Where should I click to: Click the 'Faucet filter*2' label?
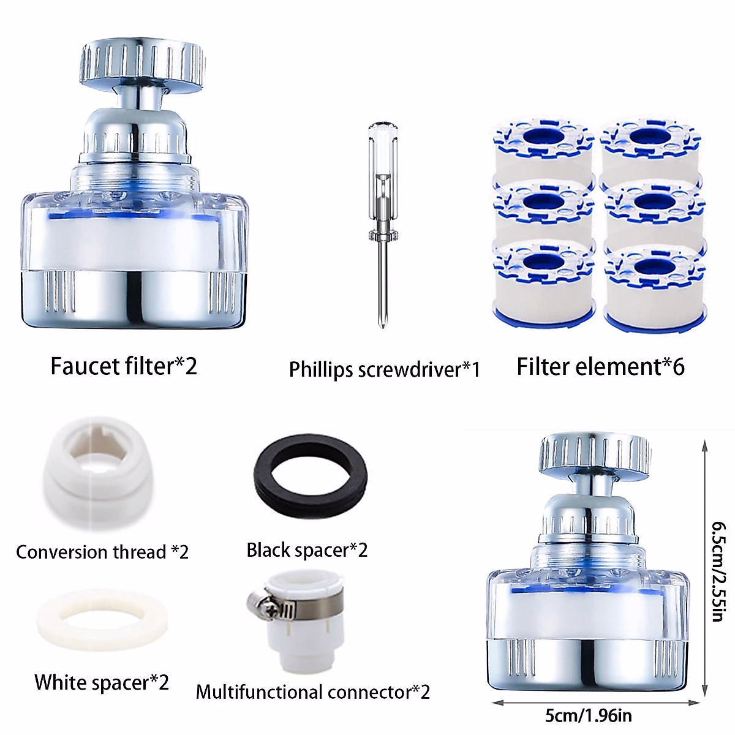tap(124, 366)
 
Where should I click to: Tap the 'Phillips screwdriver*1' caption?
tap(384, 369)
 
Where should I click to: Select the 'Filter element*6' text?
tap(600, 366)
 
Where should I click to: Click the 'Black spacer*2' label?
tap(307, 550)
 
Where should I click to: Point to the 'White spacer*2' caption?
tap(102, 682)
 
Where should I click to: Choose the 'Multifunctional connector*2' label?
tap(313, 692)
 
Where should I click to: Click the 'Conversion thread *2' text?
tap(102, 552)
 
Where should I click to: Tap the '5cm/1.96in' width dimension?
tap(589, 715)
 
